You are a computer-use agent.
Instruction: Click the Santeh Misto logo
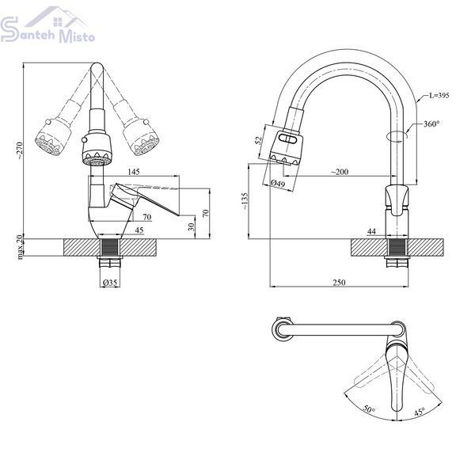pyautogui.click(x=47, y=25)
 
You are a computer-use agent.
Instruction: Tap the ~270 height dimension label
pyautogui.click(x=20, y=150)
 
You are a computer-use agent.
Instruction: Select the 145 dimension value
pyautogui.click(x=134, y=172)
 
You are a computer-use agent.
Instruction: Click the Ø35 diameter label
pyautogui.click(x=110, y=283)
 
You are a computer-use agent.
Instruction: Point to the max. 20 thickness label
pyautogui.click(x=20, y=246)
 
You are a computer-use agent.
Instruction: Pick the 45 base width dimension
pyautogui.click(x=139, y=230)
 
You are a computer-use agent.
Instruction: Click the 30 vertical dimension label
pyautogui.click(x=191, y=226)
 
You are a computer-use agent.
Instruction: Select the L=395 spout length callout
pyautogui.click(x=439, y=96)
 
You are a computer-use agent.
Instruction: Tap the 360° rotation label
pyautogui.click(x=431, y=124)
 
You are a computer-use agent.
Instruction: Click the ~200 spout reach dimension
pyautogui.click(x=340, y=172)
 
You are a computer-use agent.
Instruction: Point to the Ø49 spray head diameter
pyautogui.click(x=278, y=184)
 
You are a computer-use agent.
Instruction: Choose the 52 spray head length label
pyautogui.click(x=258, y=141)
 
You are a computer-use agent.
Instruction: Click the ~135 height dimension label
pyautogui.click(x=245, y=201)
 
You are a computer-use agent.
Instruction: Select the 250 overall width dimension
pyautogui.click(x=339, y=283)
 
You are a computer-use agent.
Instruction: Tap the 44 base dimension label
pyautogui.click(x=371, y=231)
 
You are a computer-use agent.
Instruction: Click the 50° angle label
pyautogui.click(x=369, y=409)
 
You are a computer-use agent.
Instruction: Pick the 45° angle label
pyautogui.click(x=420, y=412)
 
